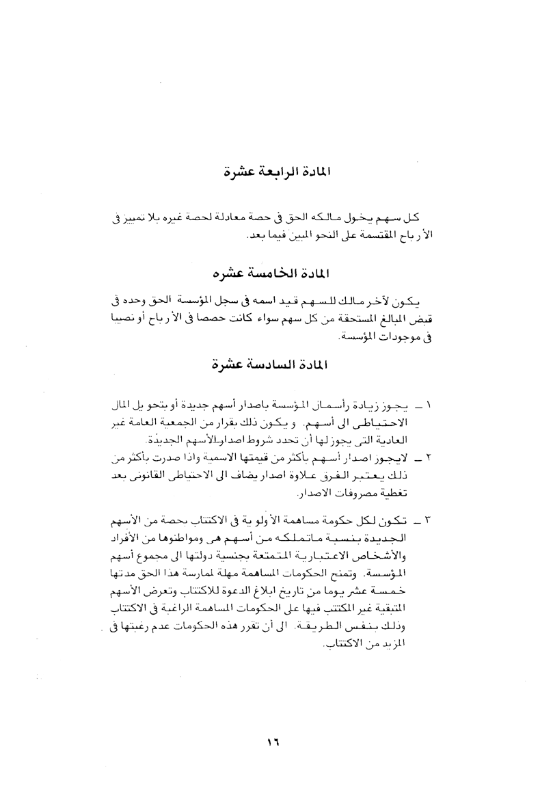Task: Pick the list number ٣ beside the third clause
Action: click(427, 523)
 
